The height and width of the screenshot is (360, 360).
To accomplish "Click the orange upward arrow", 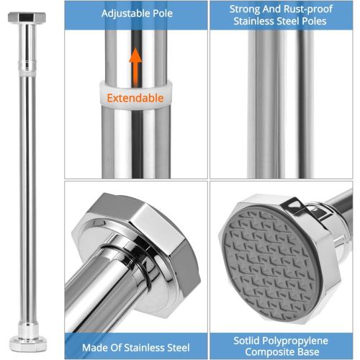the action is point(135,66).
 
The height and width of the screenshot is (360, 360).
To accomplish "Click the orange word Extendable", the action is point(135,98).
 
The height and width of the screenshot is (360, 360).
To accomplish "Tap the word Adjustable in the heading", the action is point(122,14).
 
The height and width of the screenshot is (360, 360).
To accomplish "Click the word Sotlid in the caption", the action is point(247,341).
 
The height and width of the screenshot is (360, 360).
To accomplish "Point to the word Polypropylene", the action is point(295,341).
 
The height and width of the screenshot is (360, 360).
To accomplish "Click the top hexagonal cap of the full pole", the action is point(27,17).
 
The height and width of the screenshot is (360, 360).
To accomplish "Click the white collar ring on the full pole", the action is point(27,71).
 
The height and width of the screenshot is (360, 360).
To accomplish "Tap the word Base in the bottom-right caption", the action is point(308,352).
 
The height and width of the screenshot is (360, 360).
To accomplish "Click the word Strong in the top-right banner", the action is point(245,9).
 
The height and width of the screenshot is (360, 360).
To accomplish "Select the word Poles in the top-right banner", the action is point(314,21).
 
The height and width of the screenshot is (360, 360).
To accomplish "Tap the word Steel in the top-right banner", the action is point(288,21).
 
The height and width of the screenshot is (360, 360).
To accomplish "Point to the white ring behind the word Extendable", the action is point(136,95).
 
